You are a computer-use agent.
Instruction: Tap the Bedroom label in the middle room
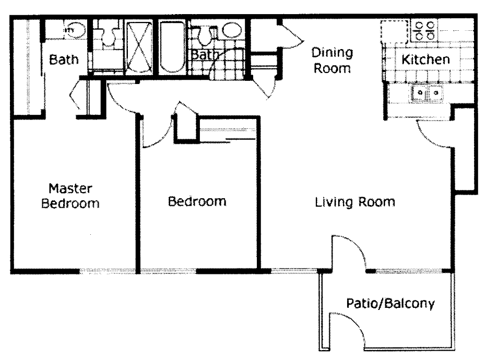pyautogui.click(x=197, y=201)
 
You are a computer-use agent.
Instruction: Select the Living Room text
pyautogui.click(x=355, y=202)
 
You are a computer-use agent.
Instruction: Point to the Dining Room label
pyautogui.click(x=332, y=60)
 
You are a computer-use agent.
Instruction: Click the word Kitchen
pyautogui.click(x=425, y=59)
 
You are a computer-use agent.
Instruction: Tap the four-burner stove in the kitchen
pyautogui.click(x=423, y=30)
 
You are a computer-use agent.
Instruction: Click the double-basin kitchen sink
pyautogui.click(x=426, y=94)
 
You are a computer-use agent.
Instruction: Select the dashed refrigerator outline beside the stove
pyautogui.click(x=395, y=32)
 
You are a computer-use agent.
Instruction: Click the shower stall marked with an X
pyautogui.click(x=138, y=47)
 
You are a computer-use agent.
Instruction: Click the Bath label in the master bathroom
pyautogui.click(x=64, y=59)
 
